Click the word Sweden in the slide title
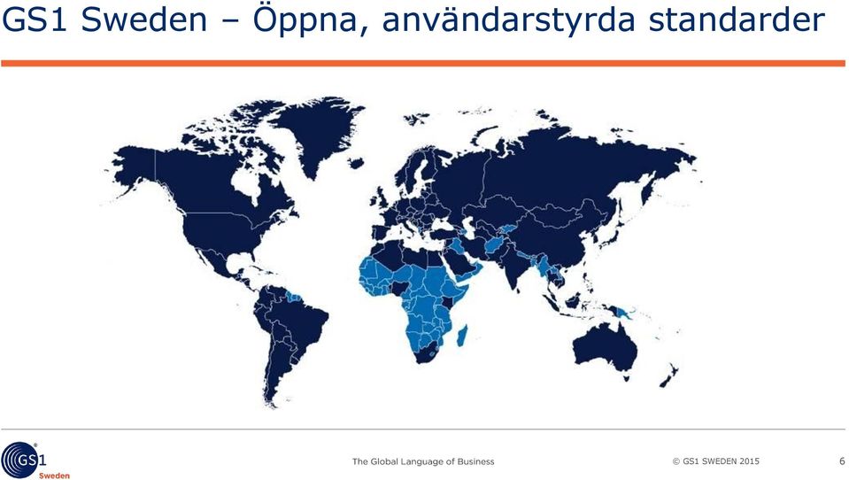[x=144, y=19]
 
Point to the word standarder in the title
[x=737, y=19]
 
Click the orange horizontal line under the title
[x=423, y=64]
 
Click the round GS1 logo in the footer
[x=19, y=460]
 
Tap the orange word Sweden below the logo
[x=54, y=476]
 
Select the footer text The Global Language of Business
[x=423, y=461]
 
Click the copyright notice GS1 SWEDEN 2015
[x=716, y=461]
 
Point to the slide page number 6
[x=842, y=461]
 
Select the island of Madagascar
[x=462, y=335]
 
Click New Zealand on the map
[x=669, y=375]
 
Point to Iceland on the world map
[x=356, y=163]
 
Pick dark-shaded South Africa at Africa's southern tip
[x=428, y=353]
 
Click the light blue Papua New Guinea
[x=628, y=313]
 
